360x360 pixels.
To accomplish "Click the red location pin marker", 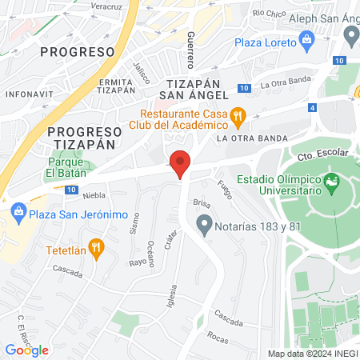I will click(x=181, y=163).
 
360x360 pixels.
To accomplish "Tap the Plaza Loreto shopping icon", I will click(x=306, y=39).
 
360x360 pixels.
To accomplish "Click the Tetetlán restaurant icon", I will click(x=97, y=248).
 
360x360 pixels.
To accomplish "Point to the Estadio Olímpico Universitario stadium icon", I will click(x=332, y=186).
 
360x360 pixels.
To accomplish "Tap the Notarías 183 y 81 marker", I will click(x=205, y=225).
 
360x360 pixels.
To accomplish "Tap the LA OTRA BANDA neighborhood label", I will click(x=251, y=138).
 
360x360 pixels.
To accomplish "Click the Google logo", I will click(x=27, y=350).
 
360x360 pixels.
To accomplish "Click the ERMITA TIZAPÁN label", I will click(x=117, y=86).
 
